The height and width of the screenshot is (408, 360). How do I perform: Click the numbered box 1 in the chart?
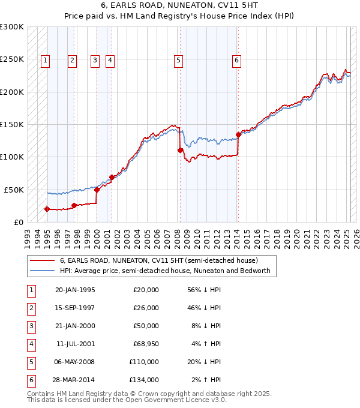tap(46, 59)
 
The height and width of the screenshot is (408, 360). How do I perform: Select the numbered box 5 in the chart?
tap(179, 59)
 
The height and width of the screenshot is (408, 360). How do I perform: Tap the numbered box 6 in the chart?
tap(237, 59)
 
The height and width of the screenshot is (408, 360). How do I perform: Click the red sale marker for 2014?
tap(238, 134)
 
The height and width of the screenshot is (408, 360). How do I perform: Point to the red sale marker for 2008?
tap(180, 150)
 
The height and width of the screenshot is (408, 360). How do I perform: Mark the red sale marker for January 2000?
tap(97, 189)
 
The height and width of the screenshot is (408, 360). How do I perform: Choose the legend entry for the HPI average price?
tap(165, 271)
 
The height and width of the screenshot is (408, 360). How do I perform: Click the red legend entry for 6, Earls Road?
tap(158, 260)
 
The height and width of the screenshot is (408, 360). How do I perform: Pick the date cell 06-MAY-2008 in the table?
tap(75, 362)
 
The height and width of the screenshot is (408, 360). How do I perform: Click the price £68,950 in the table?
tap(144, 344)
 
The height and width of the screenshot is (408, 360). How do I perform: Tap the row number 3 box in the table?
tap(31, 326)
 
